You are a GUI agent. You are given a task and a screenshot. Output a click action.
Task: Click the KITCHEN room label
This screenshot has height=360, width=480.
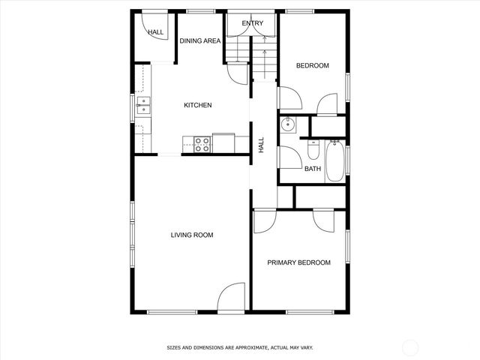click(198, 106)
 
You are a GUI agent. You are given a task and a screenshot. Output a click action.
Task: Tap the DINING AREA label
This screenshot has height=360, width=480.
click(199, 40)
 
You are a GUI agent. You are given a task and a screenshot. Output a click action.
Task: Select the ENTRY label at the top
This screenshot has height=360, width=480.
click(252, 24)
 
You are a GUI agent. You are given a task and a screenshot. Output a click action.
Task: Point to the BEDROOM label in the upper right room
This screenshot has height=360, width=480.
click(312, 66)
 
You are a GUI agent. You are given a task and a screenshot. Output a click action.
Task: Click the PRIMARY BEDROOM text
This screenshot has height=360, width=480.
click(299, 262)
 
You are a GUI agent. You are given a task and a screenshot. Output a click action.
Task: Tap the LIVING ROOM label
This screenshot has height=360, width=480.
click(192, 235)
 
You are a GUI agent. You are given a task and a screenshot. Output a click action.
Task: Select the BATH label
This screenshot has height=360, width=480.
click(313, 169)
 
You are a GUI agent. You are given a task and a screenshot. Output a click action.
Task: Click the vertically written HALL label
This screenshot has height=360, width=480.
click(262, 145)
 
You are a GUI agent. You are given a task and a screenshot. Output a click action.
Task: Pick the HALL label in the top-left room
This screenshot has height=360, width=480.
click(156, 32)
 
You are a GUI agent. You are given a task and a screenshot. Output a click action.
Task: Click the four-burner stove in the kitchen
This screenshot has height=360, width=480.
click(202, 144)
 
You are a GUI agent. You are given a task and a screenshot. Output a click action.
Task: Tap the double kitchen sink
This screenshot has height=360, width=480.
click(142, 109)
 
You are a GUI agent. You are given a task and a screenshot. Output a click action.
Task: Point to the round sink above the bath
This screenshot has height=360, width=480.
click(287, 125)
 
